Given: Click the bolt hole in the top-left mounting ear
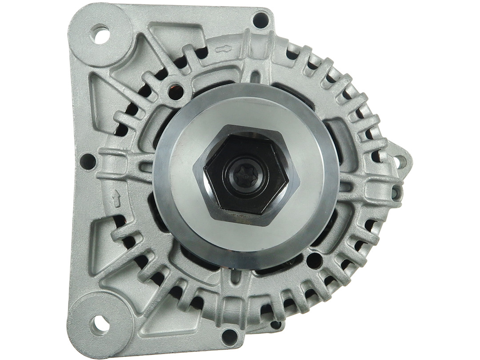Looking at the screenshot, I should (100, 34).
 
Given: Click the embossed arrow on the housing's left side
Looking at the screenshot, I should (116, 199).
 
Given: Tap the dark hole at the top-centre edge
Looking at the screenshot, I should (260, 20).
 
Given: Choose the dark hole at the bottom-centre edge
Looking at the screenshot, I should (230, 336).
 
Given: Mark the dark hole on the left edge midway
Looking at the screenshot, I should (88, 162).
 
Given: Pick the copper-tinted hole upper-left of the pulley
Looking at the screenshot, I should (176, 92).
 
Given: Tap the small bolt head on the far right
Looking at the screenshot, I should (395, 192).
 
